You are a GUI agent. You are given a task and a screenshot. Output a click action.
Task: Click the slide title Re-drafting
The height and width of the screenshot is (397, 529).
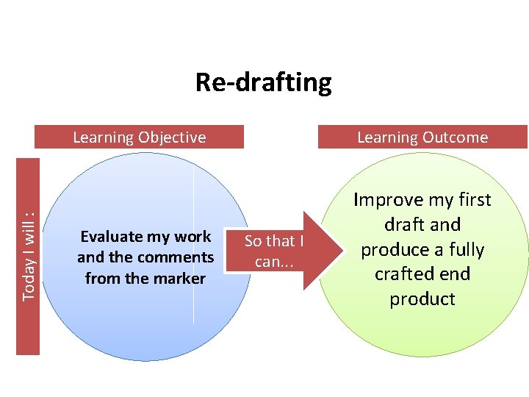pyautogui.click(x=263, y=82)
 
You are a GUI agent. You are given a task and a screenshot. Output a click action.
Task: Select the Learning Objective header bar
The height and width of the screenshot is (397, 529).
pyautogui.click(x=140, y=137)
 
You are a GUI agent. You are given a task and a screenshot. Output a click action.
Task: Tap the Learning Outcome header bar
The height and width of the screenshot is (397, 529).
pyautogui.click(x=422, y=137)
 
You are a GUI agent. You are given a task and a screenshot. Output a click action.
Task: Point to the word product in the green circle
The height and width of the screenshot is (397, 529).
pyautogui.click(x=422, y=298)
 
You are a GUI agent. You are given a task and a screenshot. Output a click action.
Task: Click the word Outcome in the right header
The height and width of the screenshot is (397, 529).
pyautogui.click(x=457, y=137)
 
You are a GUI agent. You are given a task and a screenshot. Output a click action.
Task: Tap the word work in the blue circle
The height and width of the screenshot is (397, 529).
pyautogui.click(x=193, y=237)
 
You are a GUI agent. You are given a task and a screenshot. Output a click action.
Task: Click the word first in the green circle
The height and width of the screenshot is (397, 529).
pyautogui.click(x=475, y=200)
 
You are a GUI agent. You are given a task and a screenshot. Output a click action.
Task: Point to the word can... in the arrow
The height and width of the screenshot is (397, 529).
pyautogui.click(x=274, y=261)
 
